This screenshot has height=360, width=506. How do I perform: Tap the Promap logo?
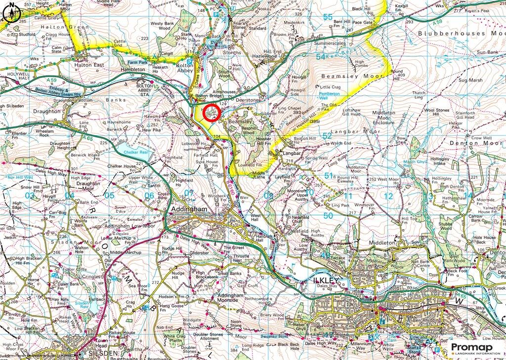pyautogui.click(x=475, y=349)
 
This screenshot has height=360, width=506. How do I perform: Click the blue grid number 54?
pyautogui.click(x=321, y=57)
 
